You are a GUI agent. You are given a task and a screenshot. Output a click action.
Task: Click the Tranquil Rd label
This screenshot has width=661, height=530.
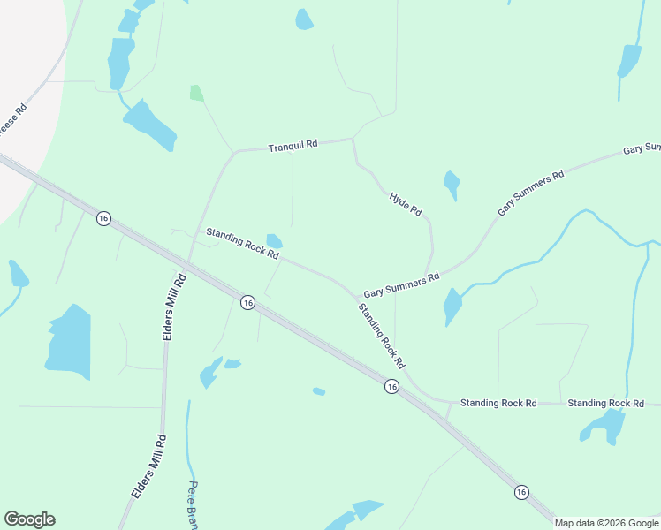click(293, 146)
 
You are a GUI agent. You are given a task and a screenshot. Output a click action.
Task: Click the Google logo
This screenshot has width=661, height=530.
click(29, 519)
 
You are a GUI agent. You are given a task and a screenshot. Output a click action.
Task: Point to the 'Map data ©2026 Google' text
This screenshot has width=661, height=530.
click(606, 523)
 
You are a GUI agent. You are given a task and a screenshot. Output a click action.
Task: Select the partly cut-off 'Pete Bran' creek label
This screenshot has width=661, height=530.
click(193, 505)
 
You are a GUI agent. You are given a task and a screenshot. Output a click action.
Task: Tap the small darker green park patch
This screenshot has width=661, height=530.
click(196, 93)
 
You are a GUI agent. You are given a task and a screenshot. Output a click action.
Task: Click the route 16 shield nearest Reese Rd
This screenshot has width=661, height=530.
click(103, 218)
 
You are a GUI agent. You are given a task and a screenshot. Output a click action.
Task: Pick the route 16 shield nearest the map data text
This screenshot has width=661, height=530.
click(521, 492)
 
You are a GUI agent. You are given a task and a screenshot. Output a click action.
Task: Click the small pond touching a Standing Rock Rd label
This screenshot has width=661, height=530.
click(275, 241)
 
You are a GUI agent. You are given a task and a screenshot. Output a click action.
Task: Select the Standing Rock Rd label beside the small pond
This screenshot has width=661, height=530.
click(242, 244)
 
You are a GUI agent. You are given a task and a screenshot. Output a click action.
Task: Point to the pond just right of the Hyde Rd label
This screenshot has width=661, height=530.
click(452, 185)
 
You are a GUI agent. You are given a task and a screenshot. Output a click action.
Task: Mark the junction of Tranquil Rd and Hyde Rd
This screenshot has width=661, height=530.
click(353, 140)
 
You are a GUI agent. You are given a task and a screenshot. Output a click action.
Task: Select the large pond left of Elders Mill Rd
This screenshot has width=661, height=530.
click(69, 341)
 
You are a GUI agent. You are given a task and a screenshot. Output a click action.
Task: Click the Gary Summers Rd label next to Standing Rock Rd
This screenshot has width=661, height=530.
click(401, 284)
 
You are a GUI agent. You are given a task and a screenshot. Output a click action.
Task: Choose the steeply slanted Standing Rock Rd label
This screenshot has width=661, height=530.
click(381, 336)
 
